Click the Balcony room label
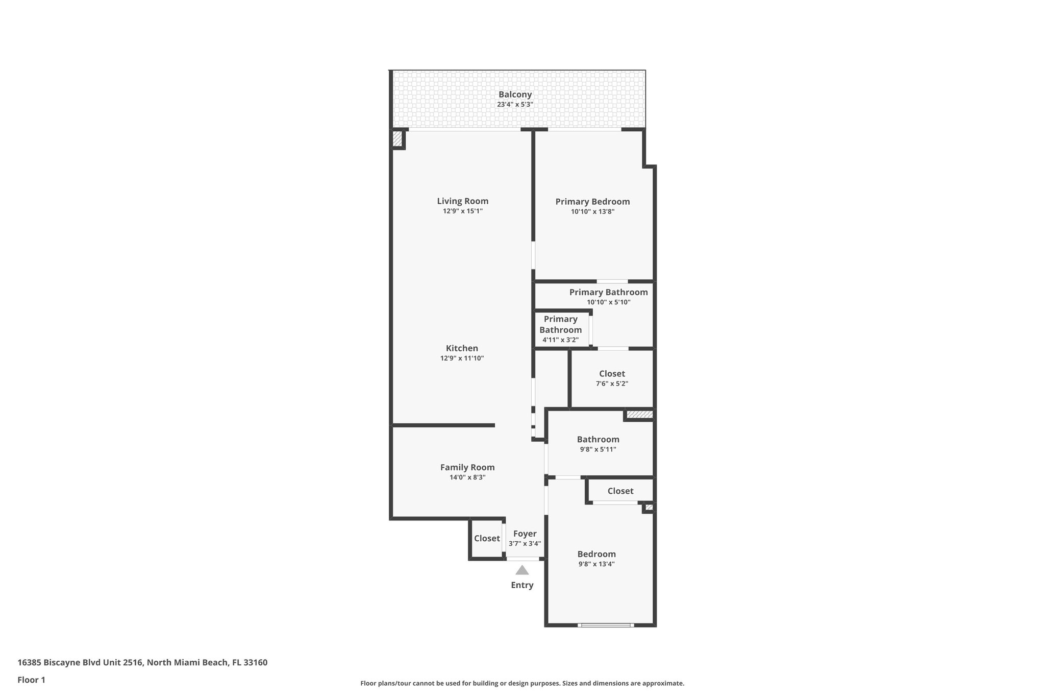click(x=515, y=94)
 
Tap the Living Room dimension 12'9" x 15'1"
click(x=462, y=211)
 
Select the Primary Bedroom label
click(x=592, y=202)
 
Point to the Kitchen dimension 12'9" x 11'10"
click(x=462, y=358)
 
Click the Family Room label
click(x=467, y=467)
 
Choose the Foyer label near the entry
click(x=525, y=534)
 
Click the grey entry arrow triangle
click(x=522, y=570)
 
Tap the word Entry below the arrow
click(x=522, y=585)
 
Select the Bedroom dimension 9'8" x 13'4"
click(x=596, y=564)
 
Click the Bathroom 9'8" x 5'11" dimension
click(x=598, y=449)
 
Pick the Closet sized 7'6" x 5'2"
click(x=612, y=374)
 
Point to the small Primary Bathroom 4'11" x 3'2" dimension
click(x=560, y=340)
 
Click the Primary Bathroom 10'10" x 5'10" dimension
click(x=608, y=302)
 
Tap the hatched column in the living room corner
click(x=397, y=139)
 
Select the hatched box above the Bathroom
click(x=639, y=415)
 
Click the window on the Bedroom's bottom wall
click(x=606, y=624)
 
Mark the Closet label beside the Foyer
click(x=487, y=538)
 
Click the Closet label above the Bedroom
click(x=620, y=491)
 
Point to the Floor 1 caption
click(x=32, y=680)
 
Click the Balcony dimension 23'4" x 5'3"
click(x=515, y=105)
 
